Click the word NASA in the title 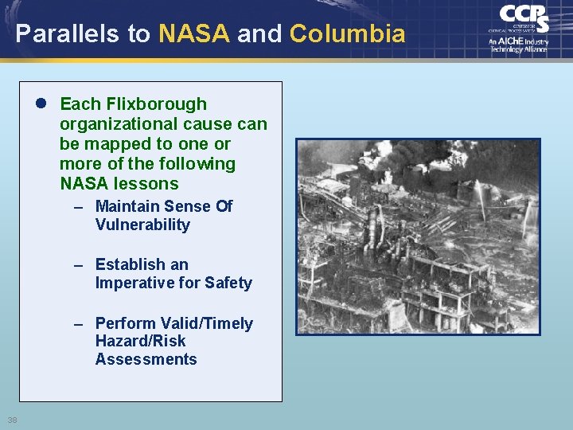click(x=194, y=33)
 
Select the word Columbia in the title click(x=347, y=33)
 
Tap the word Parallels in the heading click(x=67, y=33)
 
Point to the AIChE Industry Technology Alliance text click(x=519, y=45)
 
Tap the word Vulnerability click(x=142, y=225)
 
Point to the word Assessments click(x=146, y=359)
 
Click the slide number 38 click(x=12, y=420)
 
